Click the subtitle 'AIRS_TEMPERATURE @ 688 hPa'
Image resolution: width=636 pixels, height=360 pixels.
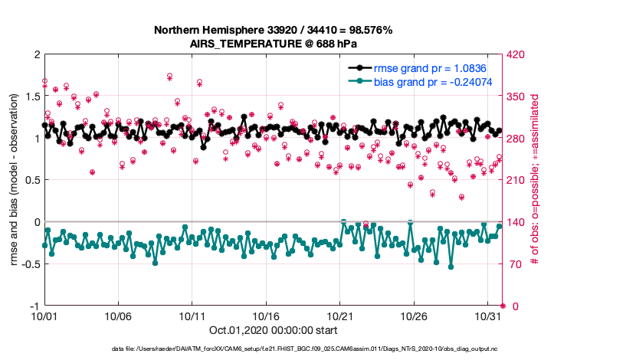[x=274, y=44]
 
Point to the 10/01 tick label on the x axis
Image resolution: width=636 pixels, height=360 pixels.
[x=44, y=316]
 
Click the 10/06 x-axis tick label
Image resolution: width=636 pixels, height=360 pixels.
[x=118, y=316]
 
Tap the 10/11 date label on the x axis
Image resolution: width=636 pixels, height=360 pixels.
[x=192, y=316]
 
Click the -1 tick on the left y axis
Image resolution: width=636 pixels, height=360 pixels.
[x=34, y=306]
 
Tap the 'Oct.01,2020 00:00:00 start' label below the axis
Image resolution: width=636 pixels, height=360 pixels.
[x=273, y=330]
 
